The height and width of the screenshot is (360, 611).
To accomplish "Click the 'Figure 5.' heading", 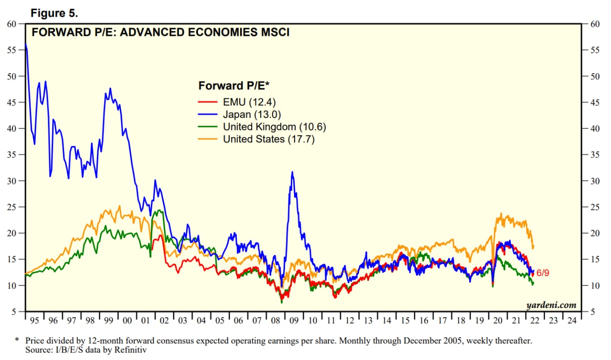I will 54,13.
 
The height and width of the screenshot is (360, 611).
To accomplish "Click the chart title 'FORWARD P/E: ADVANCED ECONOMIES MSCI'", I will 160,33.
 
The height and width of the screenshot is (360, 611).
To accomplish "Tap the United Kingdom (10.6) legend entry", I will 274,127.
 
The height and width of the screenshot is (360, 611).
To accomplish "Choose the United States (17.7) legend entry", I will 269,139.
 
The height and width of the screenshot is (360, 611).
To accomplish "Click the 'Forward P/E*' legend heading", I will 234,86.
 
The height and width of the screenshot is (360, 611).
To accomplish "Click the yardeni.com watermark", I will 551,305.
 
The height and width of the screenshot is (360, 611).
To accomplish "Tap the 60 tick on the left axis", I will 13,24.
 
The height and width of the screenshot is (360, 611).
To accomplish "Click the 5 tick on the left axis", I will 16,312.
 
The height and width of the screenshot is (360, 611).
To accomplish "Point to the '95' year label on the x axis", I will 34,320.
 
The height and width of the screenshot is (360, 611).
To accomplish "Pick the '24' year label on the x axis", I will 571,320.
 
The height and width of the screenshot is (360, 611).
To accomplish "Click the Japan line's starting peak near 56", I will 25,44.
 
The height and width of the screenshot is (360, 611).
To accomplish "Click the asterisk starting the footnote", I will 17,340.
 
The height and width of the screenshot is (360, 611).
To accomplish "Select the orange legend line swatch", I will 208,139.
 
